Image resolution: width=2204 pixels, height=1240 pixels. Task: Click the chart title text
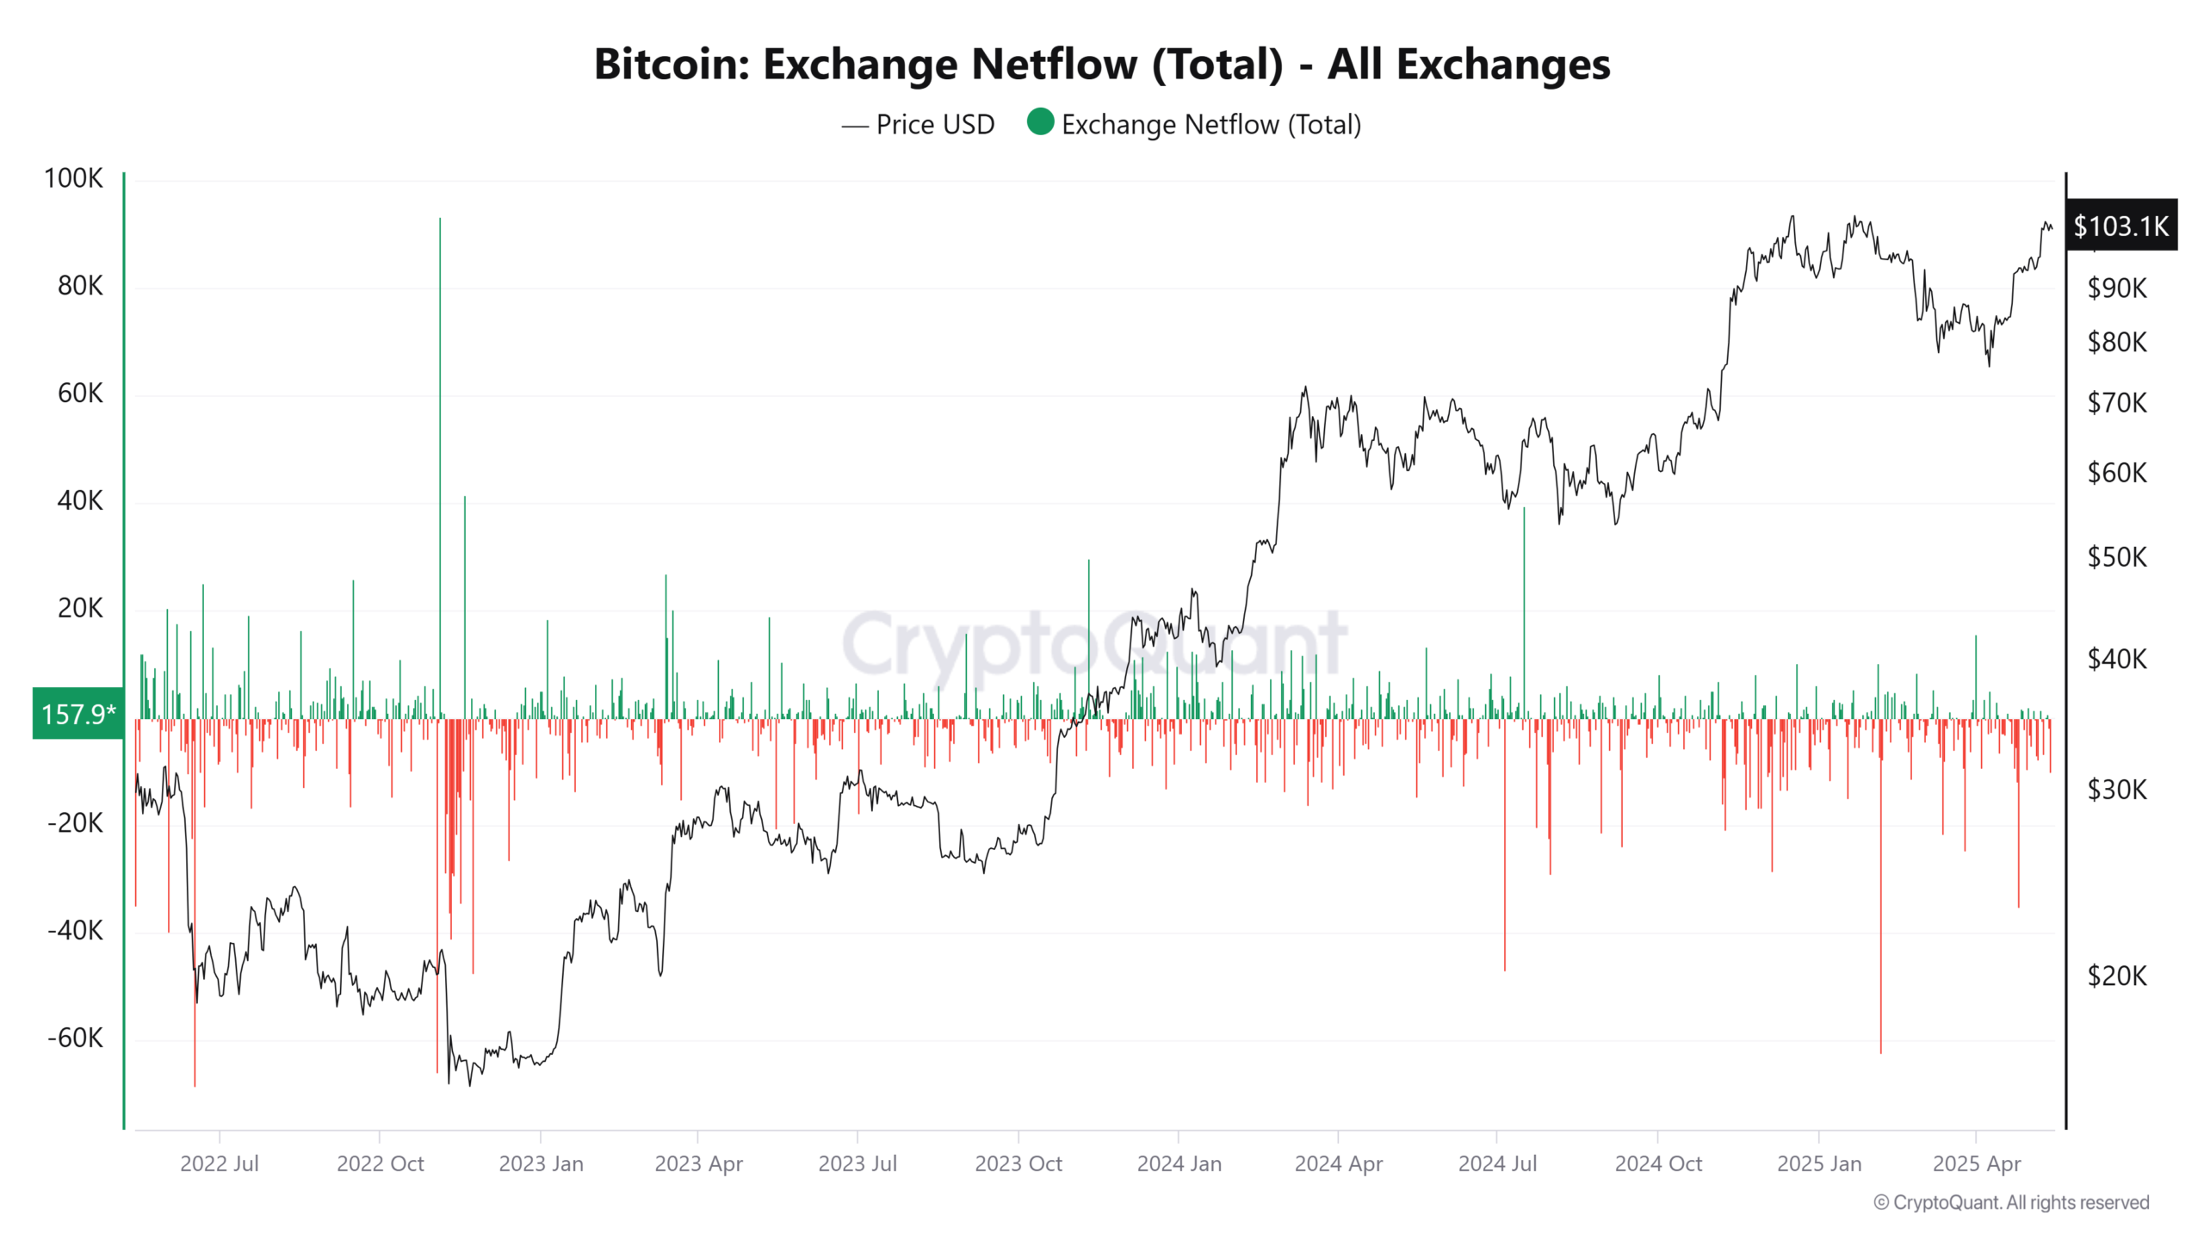[1101, 65]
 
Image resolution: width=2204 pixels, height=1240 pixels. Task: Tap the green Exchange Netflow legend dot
[1040, 122]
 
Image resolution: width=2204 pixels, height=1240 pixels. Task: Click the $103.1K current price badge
[2120, 226]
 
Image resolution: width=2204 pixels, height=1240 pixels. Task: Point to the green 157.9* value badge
[77, 713]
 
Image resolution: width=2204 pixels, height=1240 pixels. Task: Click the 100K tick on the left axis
[73, 178]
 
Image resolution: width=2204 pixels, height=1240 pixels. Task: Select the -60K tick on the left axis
[75, 1038]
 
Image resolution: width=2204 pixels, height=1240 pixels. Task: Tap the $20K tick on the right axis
[2116, 976]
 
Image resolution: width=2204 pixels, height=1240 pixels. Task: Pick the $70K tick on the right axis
[2116, 402]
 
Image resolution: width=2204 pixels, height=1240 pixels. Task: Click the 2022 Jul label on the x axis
[219, 1163]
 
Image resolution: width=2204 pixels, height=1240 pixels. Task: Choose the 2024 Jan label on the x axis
[1179, 1163]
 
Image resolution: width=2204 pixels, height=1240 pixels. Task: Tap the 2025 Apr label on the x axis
[1976, 1163]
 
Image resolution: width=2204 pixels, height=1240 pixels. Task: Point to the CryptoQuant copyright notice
[2011, 1202]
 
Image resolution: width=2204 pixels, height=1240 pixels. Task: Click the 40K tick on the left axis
[79, 500]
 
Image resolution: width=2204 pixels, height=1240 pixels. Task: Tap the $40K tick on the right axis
[2116, 659]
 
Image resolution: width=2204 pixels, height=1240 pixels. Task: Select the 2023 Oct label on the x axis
[1018, 1163]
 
